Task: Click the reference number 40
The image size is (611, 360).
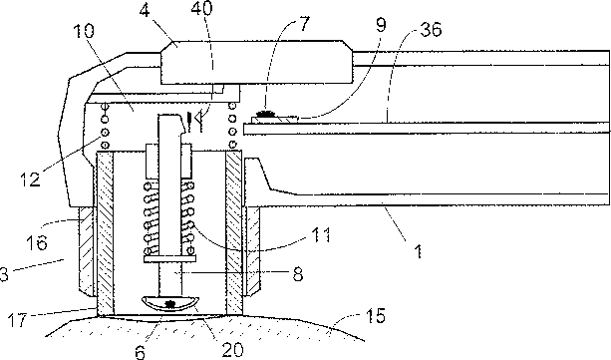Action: (202, 9)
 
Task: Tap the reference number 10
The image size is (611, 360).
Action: (83, 31)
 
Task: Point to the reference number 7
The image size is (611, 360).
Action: (303, 24)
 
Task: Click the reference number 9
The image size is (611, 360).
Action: (380, 25)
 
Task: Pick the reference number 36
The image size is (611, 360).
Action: (431, 29)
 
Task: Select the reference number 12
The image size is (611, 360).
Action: (30, 180)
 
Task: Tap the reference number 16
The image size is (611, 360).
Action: (37, 242)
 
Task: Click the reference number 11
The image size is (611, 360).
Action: (320, 235)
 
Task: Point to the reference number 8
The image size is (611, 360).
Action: (298, 274)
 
